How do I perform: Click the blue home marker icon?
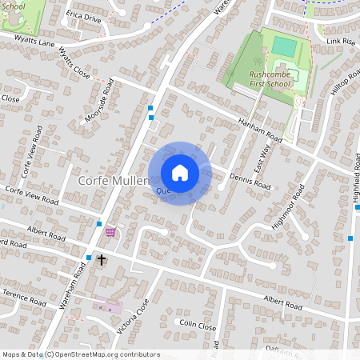[180, 173]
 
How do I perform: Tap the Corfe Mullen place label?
[114, 182]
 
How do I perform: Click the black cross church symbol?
[102, 259]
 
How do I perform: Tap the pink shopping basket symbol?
[110, 231]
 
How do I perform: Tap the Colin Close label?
[198, 327]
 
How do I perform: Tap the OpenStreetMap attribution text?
[81, 354]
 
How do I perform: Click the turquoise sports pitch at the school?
[283, 46]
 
